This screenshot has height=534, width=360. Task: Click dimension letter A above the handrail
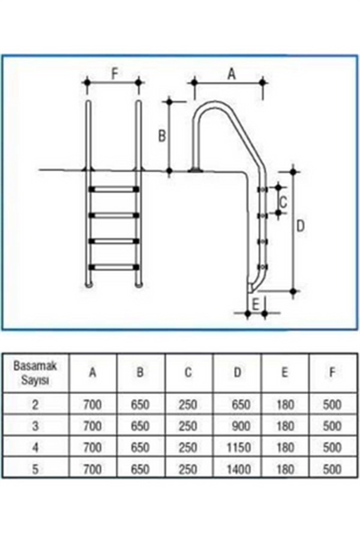coord(231,73)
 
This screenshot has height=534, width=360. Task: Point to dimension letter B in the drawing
coord(162,136)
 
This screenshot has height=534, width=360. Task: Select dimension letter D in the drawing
coord(300,226)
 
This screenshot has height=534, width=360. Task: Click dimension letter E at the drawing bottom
coord(256,305)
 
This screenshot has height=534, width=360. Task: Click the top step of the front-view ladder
coord(114,189)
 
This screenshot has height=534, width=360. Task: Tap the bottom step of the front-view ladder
coord(114,267)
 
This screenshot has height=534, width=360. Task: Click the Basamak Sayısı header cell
coord(35,373)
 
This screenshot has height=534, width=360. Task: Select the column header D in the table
coord(237,372)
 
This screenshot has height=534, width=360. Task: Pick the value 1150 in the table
coord(238,448)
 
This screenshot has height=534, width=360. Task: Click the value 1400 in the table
coord(238,469)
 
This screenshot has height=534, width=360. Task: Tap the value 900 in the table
coord(241,426)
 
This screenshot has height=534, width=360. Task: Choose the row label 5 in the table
coord(35,469)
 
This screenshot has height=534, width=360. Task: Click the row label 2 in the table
coord(35,405)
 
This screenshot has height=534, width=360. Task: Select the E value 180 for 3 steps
coord(285,426)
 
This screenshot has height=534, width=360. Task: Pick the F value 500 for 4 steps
coord(332,448)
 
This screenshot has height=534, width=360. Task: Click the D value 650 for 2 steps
coord(241,405)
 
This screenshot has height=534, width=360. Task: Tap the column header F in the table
coord(332,372)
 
